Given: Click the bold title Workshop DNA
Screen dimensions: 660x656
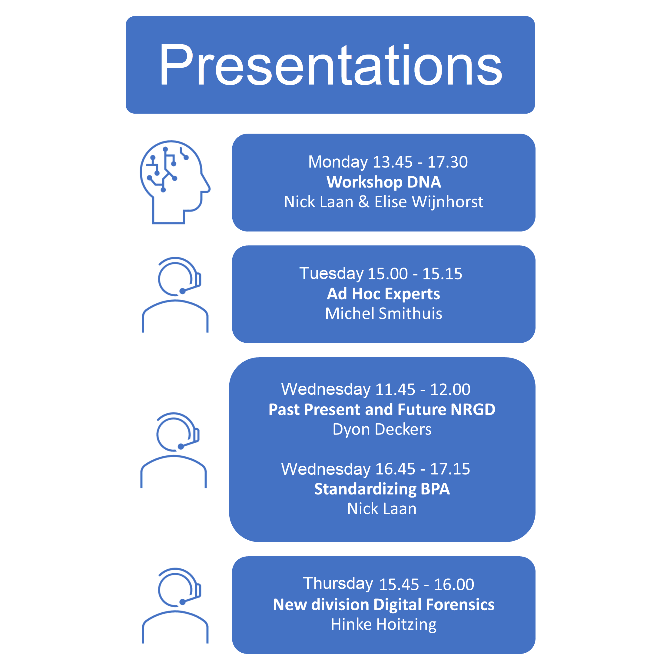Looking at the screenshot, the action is point(384,182).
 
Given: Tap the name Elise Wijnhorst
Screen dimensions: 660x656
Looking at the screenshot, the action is point(428,202).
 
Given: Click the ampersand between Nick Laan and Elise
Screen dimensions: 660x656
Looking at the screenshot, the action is point(364,202).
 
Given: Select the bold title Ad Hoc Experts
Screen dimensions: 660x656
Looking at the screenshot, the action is point(383,294).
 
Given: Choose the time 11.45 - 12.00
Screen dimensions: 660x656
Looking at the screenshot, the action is point(423,389).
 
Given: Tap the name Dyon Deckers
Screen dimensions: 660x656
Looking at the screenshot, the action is point(382,429).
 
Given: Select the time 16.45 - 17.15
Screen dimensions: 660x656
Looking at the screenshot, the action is point(423,469).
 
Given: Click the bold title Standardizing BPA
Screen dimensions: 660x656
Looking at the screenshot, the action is point(382,489).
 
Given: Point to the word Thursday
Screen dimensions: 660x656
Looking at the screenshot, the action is point(338,584).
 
